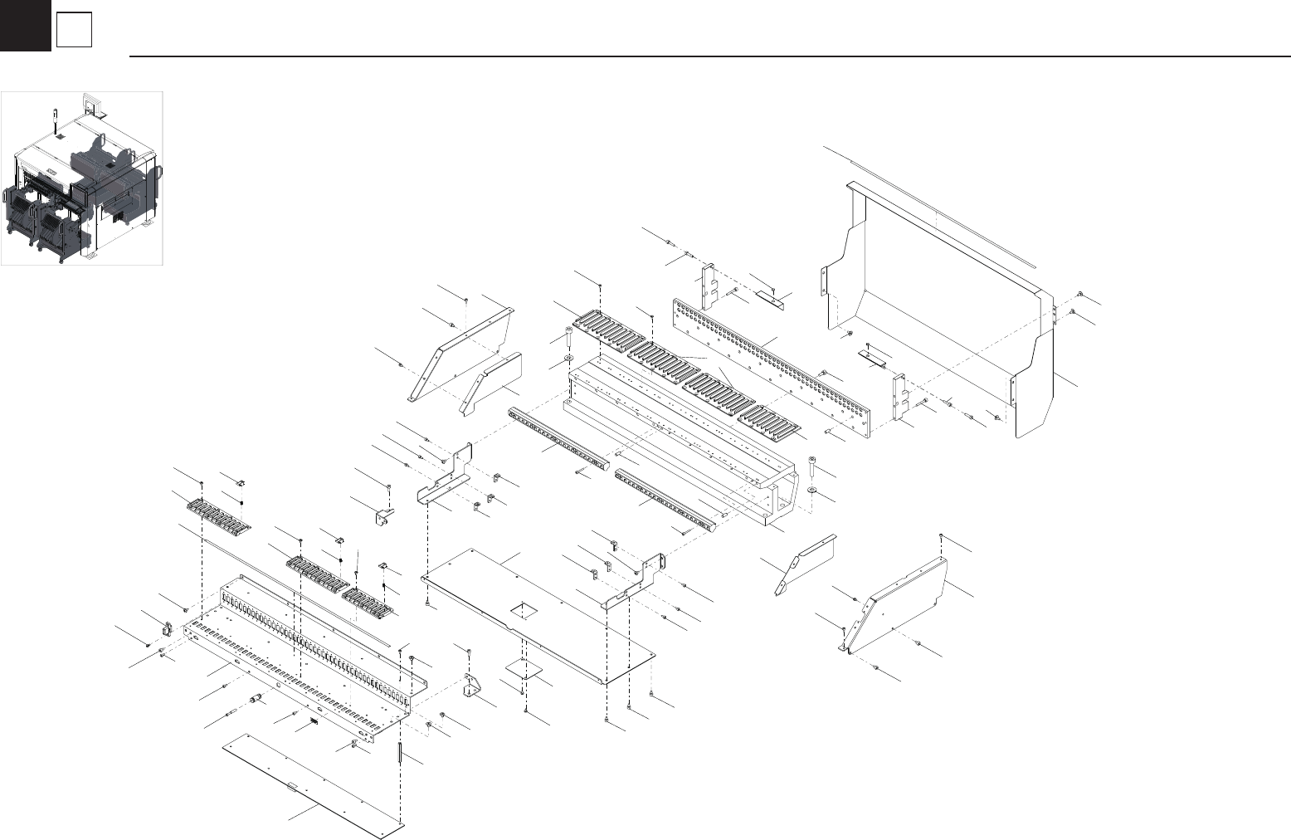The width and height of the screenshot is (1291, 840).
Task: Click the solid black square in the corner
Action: click(x=25, y=25)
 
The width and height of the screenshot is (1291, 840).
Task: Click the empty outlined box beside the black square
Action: click(x=74, y=32)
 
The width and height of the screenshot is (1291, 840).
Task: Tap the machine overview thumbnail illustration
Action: click(x=82, y=178)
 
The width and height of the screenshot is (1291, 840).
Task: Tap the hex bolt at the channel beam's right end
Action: click(x=811, y=465)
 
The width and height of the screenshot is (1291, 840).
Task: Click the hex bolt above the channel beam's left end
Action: click(x=569, y=337)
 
